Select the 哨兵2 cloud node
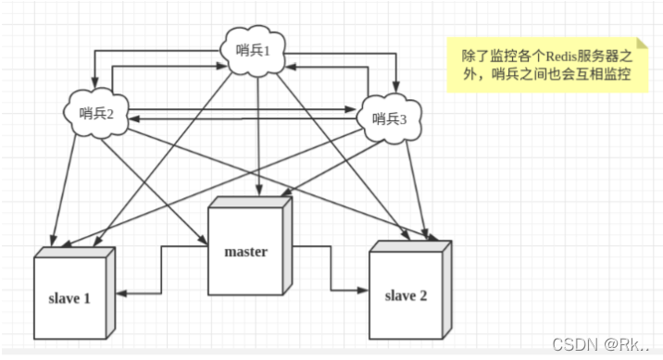[x=97, y=114]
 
